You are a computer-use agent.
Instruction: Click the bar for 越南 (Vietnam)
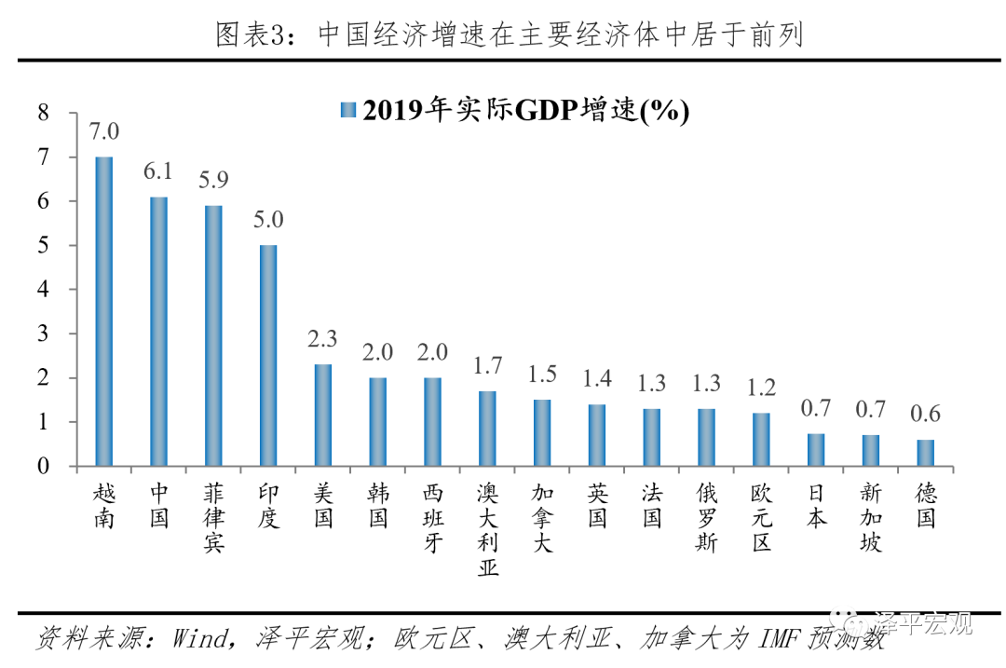tap(104, 311)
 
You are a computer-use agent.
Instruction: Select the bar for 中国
tap(159, 331)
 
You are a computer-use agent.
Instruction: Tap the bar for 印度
tap(268, 355)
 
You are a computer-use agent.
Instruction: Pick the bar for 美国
tap(323, 415)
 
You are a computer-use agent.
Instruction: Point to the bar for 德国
tap(925, 453)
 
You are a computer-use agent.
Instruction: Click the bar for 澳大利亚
tap(487, 429)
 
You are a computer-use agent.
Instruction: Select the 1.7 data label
tap(487, 366)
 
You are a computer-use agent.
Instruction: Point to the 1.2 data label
tap(761, 388)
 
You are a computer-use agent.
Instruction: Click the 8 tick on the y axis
tap(42, 113)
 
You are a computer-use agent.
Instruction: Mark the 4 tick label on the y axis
tap(42, 290)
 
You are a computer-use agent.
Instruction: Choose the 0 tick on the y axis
tap(42, 467)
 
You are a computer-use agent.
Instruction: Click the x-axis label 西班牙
tap(433, 518)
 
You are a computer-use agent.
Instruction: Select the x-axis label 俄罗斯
tap(706, 518)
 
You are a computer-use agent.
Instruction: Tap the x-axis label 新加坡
tap(870, 518)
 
